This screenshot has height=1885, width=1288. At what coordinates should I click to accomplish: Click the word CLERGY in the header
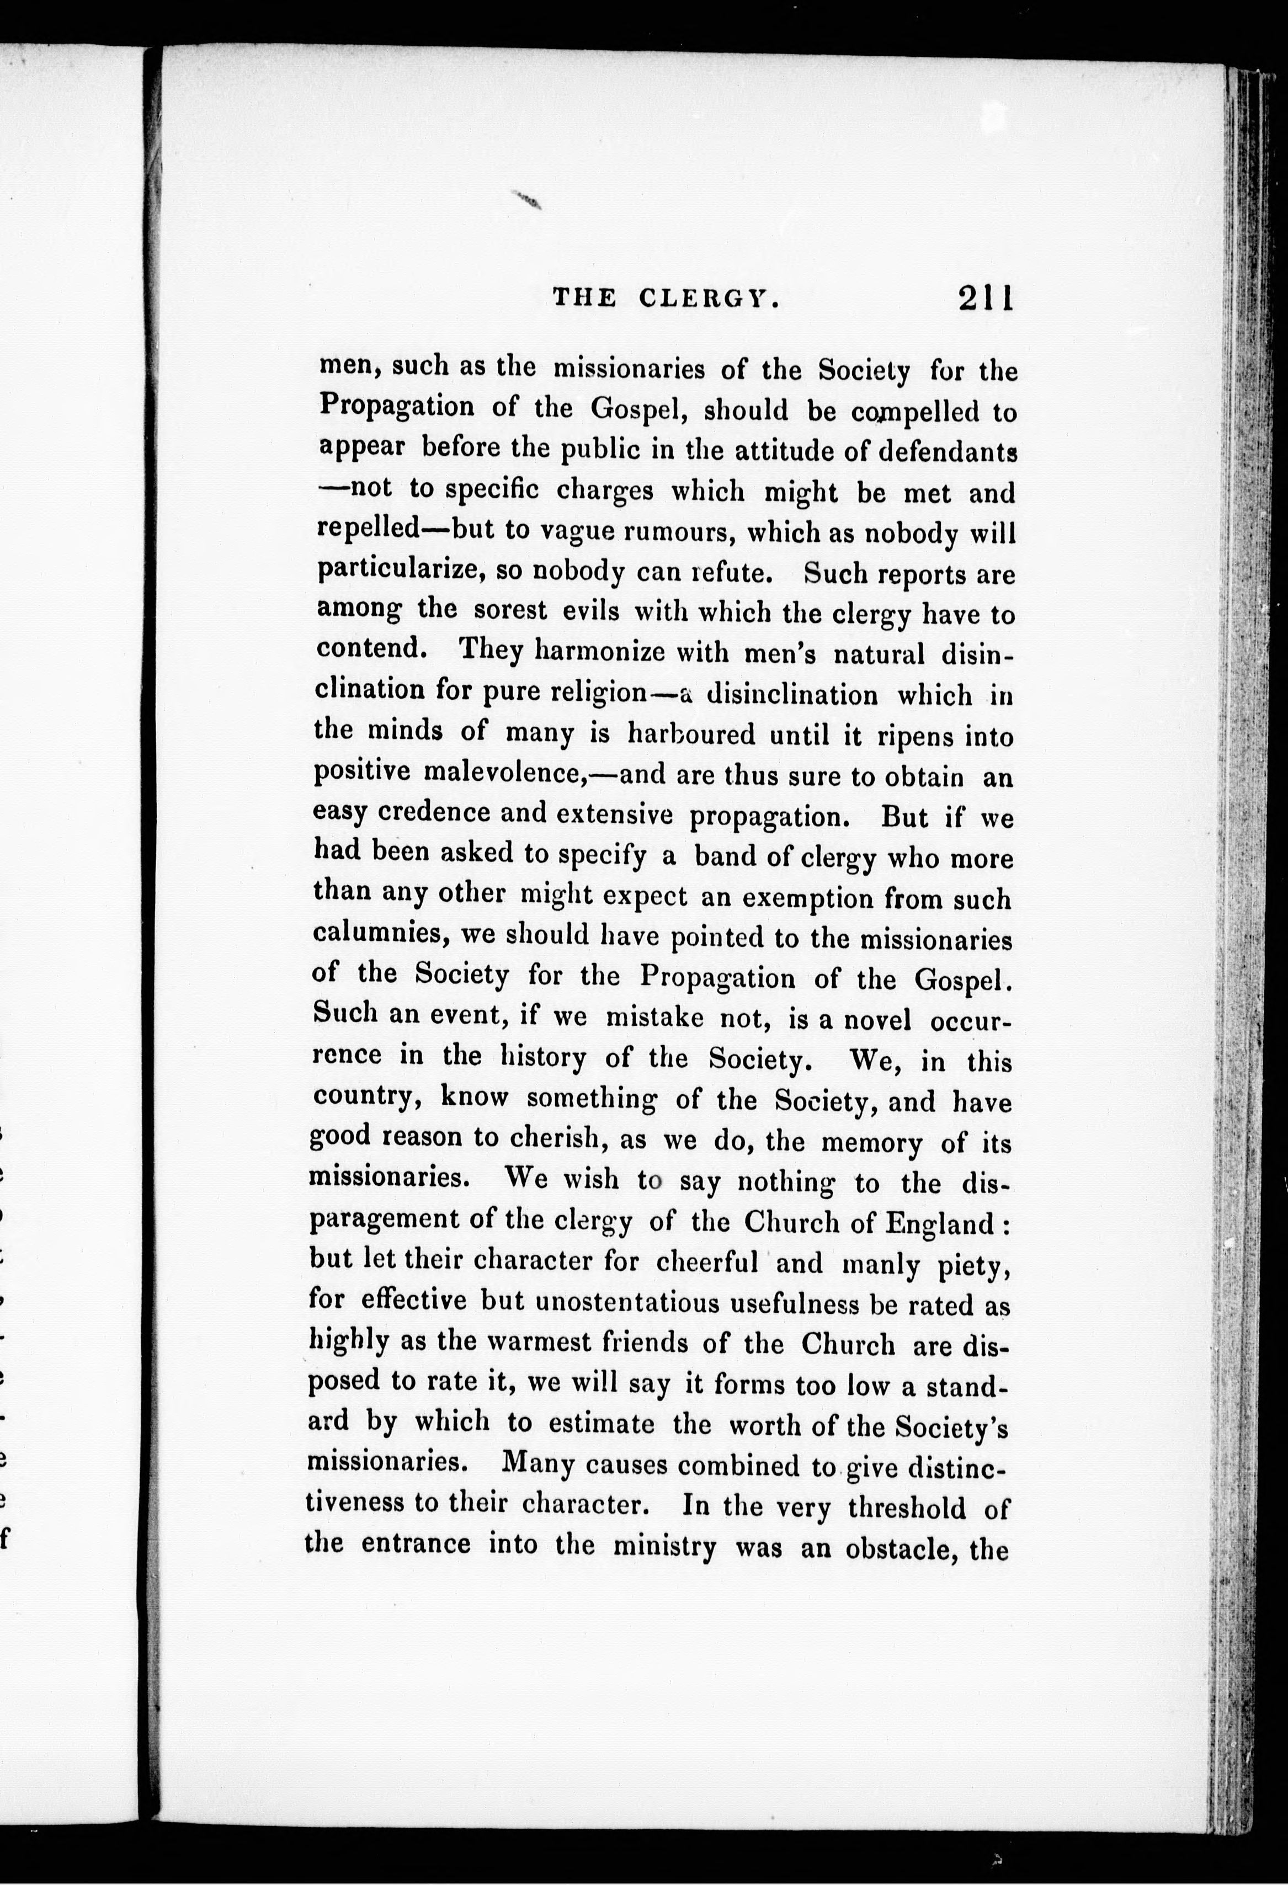click(708, 299)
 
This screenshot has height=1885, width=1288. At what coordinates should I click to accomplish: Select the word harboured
click(691, 734)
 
